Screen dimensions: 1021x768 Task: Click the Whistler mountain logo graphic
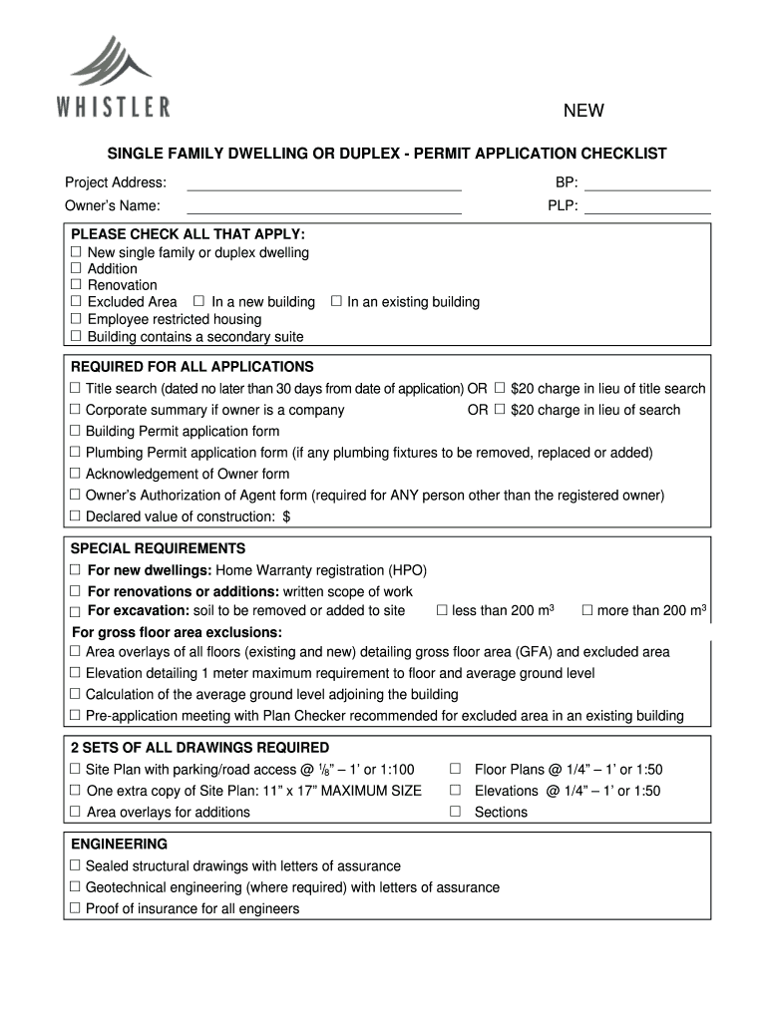(111, 62)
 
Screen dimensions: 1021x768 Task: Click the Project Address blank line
(324, 183)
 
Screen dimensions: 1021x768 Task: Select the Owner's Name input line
(324, 207)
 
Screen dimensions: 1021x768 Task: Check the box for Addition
(75, 268)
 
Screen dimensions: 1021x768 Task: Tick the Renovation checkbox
(75, 285)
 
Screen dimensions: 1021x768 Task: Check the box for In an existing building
(336, 301)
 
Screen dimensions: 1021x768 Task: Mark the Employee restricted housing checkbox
(75, 319)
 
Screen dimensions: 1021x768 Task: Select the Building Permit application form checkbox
(75, 431)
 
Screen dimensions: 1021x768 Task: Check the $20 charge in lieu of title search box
(500, 388)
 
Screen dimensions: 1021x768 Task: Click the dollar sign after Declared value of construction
(287, 516)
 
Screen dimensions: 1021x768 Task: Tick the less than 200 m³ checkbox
(442, 610)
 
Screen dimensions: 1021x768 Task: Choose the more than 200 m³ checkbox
(587, 610)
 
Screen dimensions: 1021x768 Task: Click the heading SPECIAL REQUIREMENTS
(158, 549)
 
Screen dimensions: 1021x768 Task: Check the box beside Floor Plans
(455, 769)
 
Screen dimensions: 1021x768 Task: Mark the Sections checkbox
(455, 812)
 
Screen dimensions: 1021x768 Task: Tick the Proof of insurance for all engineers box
(75, 908)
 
